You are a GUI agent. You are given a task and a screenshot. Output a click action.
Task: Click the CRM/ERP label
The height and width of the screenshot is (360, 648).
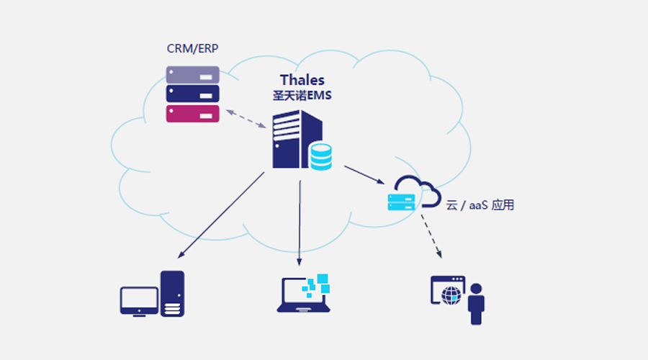coord(192,49)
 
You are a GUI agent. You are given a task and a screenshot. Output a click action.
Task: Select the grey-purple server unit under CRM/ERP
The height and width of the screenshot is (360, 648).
coord(192,75)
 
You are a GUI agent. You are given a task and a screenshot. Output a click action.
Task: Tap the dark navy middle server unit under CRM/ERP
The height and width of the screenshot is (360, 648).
coord(192,94)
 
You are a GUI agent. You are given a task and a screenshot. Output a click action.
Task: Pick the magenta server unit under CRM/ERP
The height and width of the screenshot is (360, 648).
coord(192,114)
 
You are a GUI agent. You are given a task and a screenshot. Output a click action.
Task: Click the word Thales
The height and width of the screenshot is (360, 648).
coord(302,80)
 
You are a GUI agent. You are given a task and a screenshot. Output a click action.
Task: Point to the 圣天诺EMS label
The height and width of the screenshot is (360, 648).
coord(302,95)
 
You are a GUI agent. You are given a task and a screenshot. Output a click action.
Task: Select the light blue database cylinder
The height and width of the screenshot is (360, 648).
coord(320,156)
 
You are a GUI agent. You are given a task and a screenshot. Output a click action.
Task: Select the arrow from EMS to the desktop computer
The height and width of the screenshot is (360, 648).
coord(220,215)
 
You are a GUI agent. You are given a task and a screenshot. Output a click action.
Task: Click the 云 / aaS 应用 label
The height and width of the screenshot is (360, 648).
coord(480,205)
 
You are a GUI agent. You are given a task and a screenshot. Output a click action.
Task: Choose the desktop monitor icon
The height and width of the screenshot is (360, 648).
coord(139,301)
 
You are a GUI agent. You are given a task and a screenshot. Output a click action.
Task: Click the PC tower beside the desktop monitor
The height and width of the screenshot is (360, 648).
coord(173,293)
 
